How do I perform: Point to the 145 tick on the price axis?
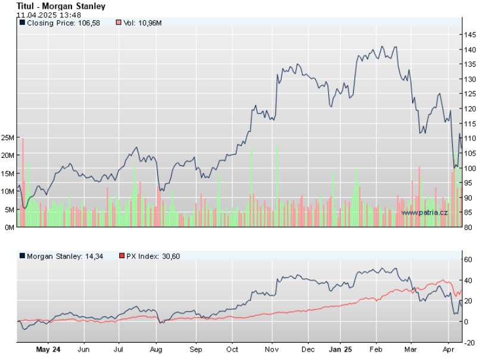[471, 35]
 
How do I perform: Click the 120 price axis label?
[471, 109]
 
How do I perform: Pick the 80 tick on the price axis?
[469, 227]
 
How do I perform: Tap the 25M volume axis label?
[8, 138]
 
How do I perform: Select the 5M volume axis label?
[10, 209]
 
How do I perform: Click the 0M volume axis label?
[10, 227]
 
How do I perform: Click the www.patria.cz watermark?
[424, 212]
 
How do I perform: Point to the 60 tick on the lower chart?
[469, 259]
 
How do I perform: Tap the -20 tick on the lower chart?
[469, 343]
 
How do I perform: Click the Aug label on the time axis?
[156, 350]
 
